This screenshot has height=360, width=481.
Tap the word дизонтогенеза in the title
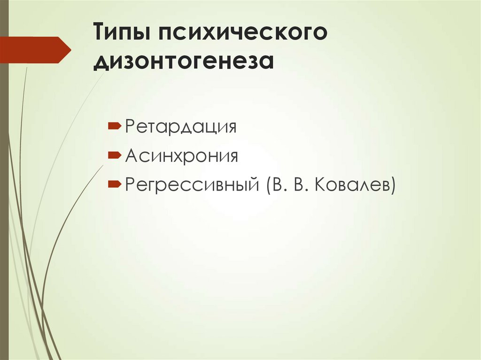point(183,62)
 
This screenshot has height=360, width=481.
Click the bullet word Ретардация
point(180,127)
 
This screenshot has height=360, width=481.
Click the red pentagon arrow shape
point(35,50)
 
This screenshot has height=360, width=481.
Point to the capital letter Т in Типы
point(101,34)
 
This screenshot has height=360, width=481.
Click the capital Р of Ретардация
point(130,127)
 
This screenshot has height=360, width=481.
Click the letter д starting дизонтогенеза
point(101,63)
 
